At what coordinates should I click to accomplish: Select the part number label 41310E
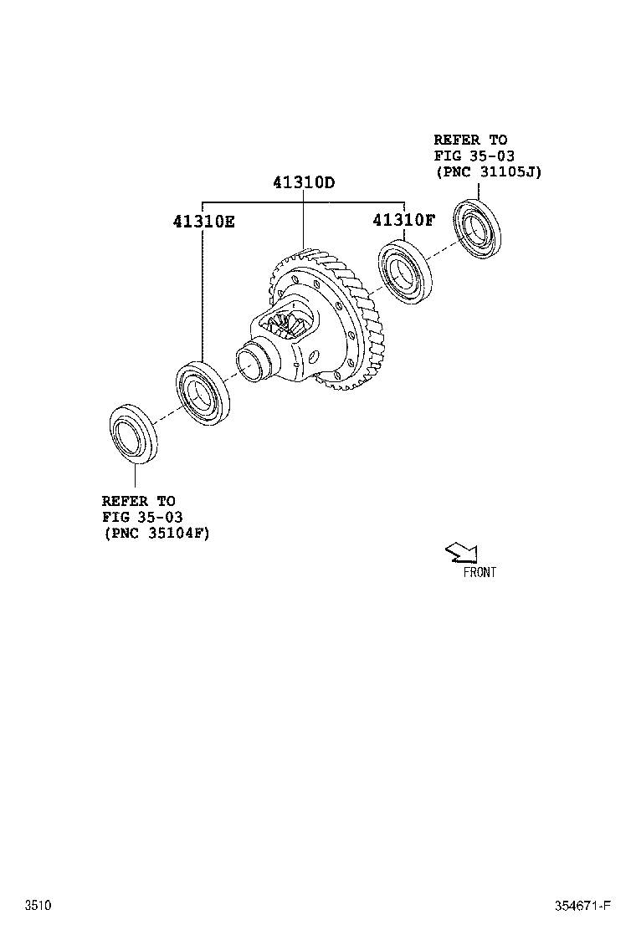click(x=204, y=222)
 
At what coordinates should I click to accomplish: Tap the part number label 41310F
click(x=404, y=221)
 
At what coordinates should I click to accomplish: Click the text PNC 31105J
click(x=489, y=171)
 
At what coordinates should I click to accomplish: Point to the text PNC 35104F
click(x=156, y=533)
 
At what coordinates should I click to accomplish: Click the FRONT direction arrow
click(x=461, y=551)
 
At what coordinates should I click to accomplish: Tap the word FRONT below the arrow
click(x=480, y=573)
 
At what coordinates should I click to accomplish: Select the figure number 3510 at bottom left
click(x=38, y=906)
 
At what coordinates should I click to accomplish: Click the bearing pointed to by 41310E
click(x=203, y=393)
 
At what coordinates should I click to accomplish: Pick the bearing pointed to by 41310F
click(x=404, y=272)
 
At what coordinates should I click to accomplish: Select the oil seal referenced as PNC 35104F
click(x=133, y=432)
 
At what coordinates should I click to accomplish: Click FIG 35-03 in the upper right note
click(x=474, y=156)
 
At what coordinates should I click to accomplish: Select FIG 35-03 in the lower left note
click(x=142, y=517)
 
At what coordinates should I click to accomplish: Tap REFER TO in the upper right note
click(x=470, y=140)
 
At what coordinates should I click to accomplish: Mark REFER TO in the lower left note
click(x=139, y=501)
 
